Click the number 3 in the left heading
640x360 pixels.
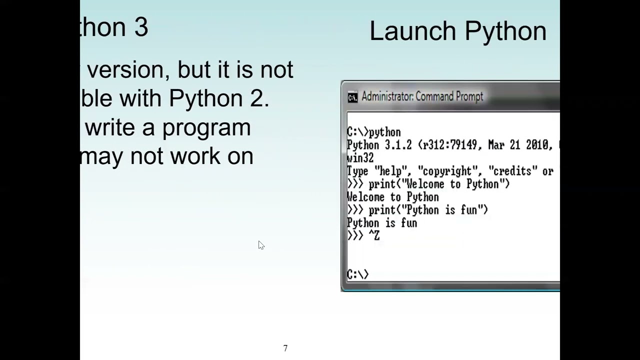tap(140, 27)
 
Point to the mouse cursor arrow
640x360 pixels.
tap(260, 244)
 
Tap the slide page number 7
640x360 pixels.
tap(285, 348)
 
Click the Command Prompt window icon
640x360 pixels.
tap(352, 97)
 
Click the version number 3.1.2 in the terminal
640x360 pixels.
tap(398, 145)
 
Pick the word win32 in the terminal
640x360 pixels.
tap(360, 158)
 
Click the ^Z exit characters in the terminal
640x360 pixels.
tap(374, 236)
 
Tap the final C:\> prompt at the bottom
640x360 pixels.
tap(357, 274)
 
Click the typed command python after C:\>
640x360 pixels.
tap(384, 132)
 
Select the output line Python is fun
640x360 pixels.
tap(381, 223)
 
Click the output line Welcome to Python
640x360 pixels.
tap(392, 197)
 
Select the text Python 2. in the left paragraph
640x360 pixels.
tap(219, 98)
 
